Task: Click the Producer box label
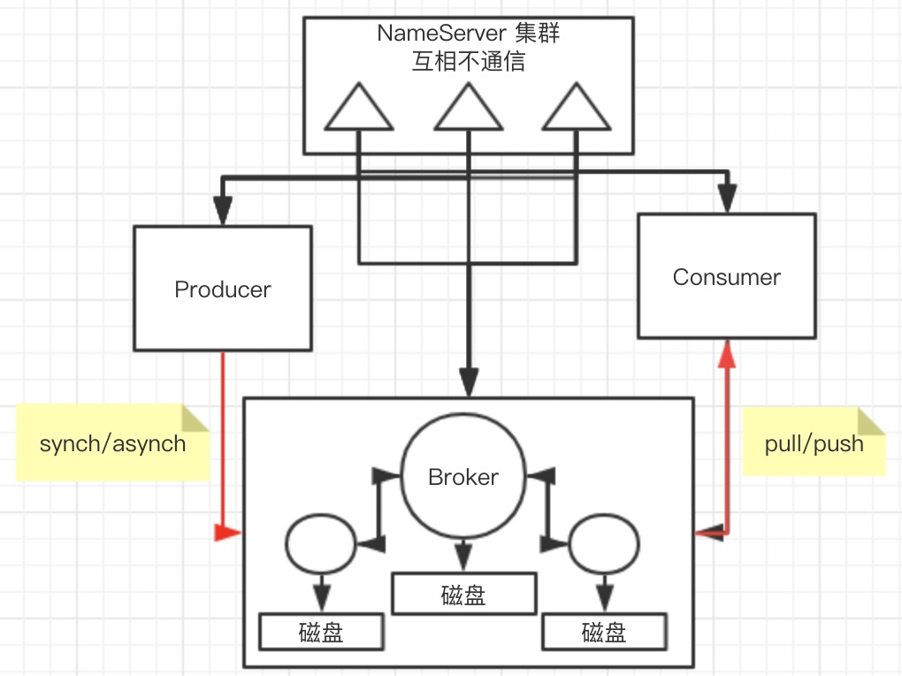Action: click(223, 289)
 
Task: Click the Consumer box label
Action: click(726, 277)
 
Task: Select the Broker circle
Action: click(463, 478)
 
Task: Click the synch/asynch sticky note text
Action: click(112, 443)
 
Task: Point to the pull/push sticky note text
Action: click(814, 443)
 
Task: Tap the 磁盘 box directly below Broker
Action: click(463, 595)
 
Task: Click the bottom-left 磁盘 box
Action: click(321, 633)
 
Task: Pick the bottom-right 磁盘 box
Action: click(603, 633)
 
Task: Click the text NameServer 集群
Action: click(468, 34)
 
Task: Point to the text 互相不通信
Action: click(468, 62)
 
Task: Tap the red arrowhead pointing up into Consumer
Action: click(726, 354)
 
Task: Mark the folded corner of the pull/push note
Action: click(872, 422)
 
